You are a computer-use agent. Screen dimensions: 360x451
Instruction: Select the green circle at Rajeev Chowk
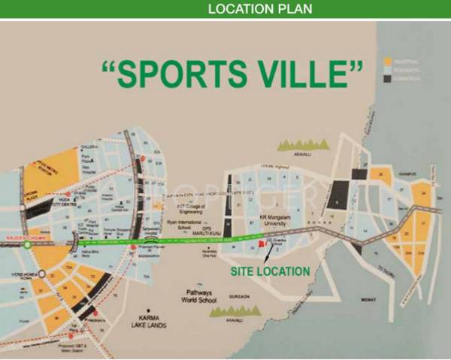(x=28, y=244)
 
